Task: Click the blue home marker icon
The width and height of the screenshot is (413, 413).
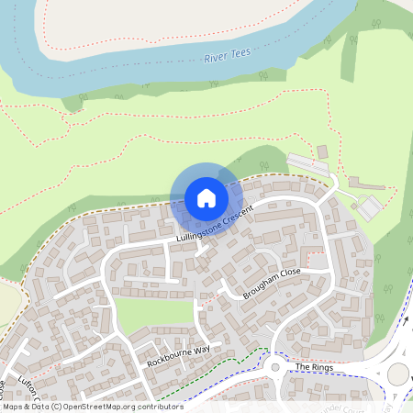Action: (206, 197)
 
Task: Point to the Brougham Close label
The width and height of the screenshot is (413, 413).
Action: (272, 285)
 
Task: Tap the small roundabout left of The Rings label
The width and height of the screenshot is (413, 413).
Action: (273, 368)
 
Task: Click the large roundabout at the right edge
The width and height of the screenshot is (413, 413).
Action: (398, 374)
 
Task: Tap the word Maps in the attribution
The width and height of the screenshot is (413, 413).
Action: (14, 407)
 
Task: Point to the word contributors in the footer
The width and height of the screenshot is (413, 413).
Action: (157, 407)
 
